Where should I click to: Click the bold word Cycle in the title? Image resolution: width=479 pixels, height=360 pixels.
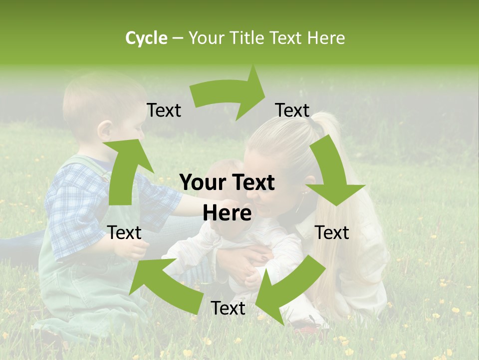(146, 38)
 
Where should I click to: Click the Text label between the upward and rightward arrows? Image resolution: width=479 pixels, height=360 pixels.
(164, 110)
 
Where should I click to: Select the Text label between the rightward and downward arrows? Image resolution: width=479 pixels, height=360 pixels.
(292, 110)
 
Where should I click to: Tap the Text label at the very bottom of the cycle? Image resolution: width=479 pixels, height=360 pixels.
(228, 308)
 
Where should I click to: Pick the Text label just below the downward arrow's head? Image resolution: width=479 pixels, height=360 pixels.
(332, 232)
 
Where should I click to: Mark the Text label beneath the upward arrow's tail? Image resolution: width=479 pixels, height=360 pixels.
(125, 232)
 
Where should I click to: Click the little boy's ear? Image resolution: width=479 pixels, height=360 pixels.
(105, 131)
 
